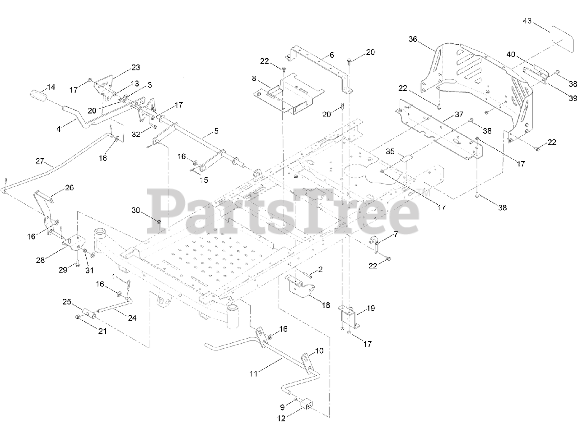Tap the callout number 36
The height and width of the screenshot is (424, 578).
(x=413, y=39)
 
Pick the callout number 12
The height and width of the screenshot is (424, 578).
(x=281, y=418)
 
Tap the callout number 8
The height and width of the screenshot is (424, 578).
(x=254, y=78)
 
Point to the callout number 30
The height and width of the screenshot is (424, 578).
(x=136, y=210)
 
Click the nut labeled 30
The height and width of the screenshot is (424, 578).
(x=159, y=221)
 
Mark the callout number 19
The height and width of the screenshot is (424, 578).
(x=370, y=309)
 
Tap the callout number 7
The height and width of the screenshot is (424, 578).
(x=396, y=234)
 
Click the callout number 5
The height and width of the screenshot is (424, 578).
(x=216, y=131)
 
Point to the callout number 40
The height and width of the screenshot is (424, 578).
(x=510, y=54)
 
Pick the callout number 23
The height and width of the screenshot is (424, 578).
(x=135, y=67)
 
